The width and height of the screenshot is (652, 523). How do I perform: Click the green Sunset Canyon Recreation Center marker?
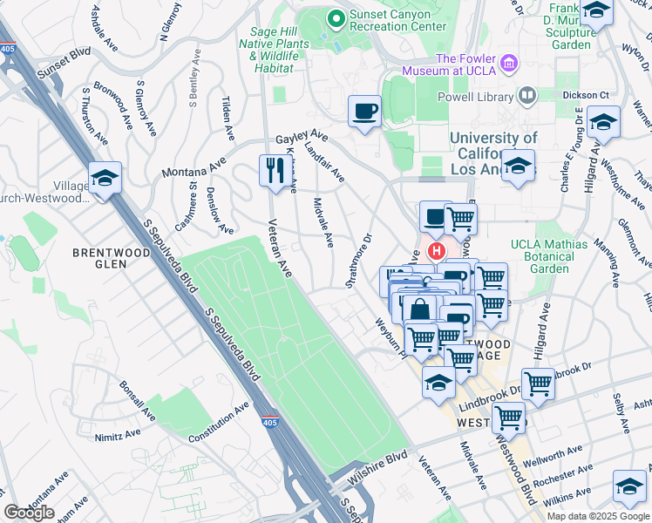coord(336,17)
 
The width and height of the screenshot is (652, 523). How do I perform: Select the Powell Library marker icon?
coord(526,94)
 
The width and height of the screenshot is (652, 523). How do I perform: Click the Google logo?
coord(29,513)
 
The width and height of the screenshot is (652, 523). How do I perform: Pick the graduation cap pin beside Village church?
coord(105,180)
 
